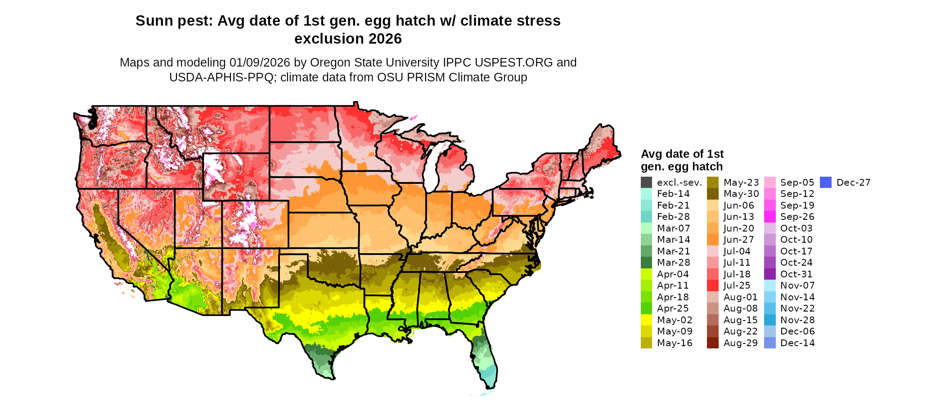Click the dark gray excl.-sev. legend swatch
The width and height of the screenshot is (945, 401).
pos(646,183)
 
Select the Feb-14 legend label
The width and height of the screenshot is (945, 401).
pos(673,194)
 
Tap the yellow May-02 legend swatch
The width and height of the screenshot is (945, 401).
pos(646,320)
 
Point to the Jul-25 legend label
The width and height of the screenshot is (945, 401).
pos(737,285)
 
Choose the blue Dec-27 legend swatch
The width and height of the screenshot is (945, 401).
pos(826,183)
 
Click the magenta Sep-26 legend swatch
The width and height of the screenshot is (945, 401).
pos(769,217)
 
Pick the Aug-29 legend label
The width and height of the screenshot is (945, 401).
pos(740,343)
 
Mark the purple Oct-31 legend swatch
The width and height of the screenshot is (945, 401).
pos(769,274)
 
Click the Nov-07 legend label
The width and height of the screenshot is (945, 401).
pos(797,285)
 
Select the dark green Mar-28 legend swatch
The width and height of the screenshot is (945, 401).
pos(646,263)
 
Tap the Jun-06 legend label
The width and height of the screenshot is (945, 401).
pos(738,205)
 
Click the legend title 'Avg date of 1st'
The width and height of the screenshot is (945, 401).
pos(682,154)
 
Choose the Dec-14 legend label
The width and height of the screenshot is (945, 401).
pos(797,343)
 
